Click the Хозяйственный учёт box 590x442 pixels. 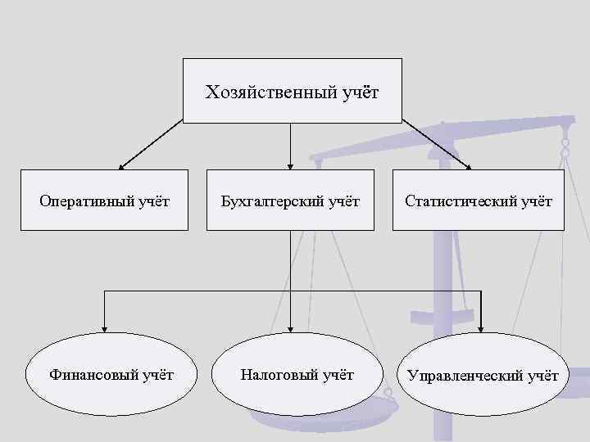(292, 91)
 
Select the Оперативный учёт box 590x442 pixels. (104, 201)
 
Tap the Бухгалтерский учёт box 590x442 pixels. (291, 201)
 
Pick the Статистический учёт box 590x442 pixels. (478, 201)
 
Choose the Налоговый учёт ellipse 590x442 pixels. (297, 375)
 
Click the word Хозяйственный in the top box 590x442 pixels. (270, 92)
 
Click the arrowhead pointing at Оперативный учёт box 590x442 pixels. (120, 166)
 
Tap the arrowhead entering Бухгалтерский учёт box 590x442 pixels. (290, 165)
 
